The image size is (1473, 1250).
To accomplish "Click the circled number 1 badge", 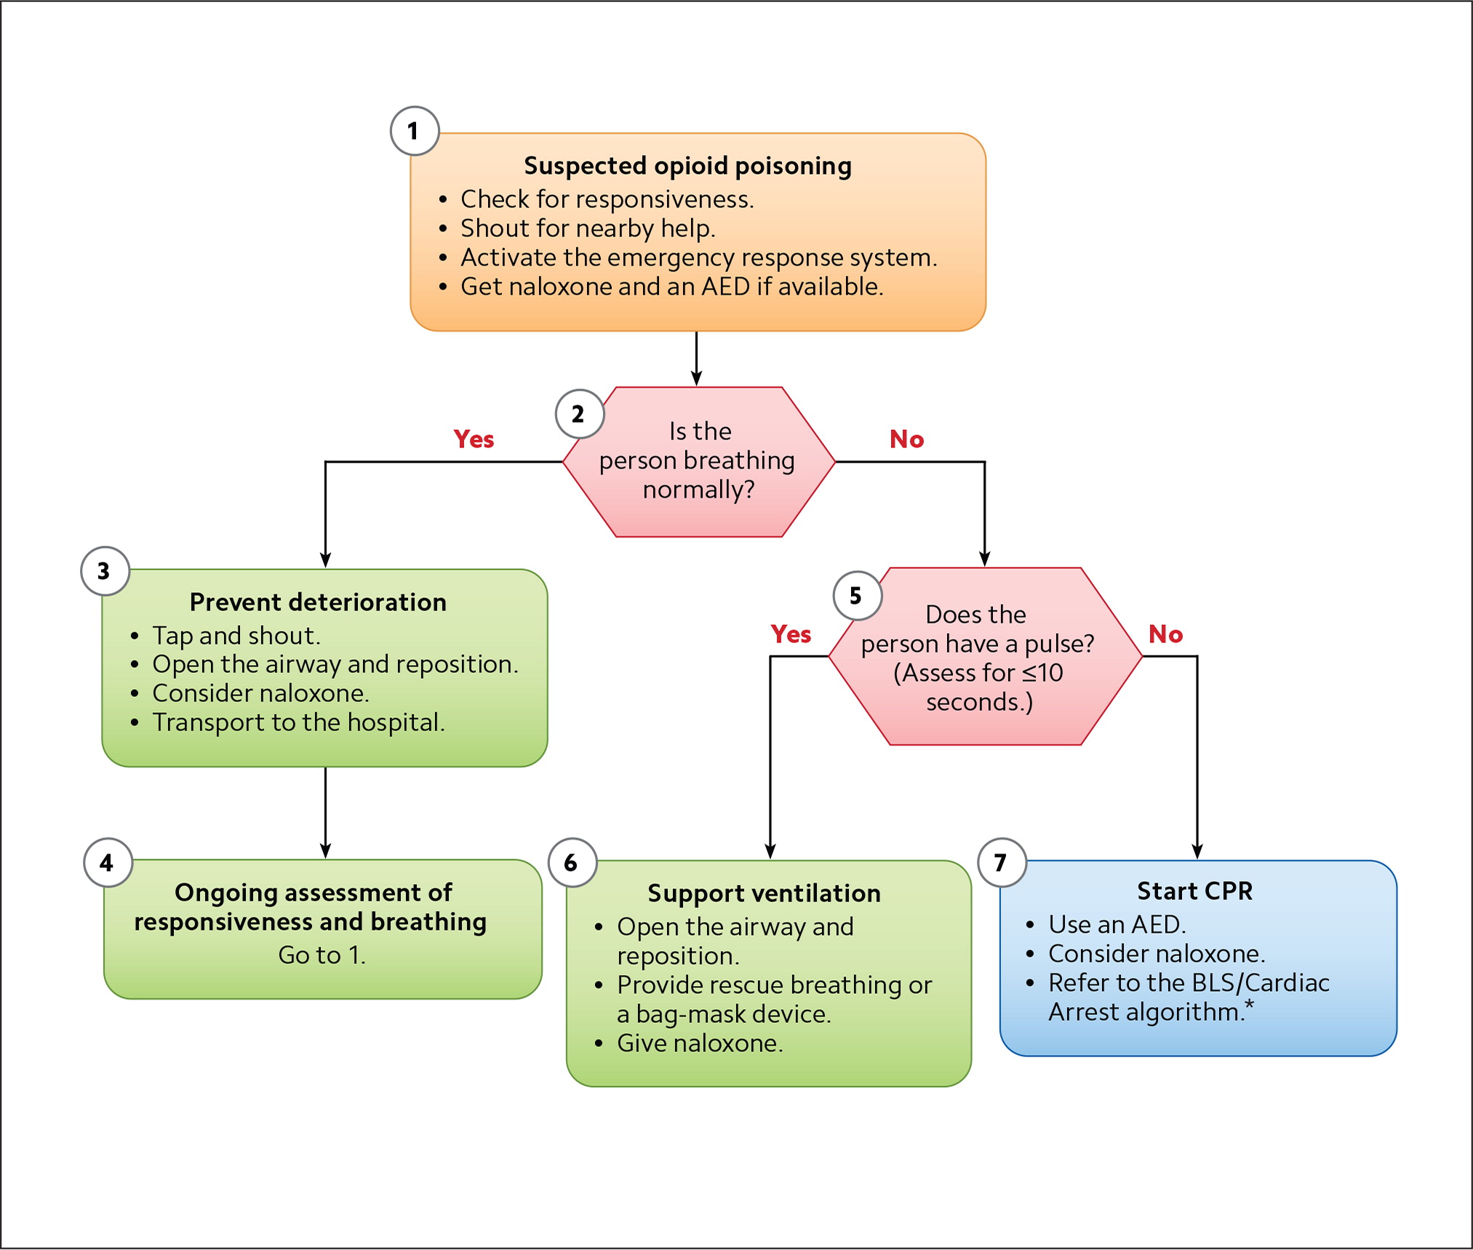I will point(415,131).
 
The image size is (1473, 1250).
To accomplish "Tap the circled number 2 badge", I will point(579,414).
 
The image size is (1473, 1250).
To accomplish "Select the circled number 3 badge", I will point(105,571).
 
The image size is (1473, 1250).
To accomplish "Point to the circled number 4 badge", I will point(108,863).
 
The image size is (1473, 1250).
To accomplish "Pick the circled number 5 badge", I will point(857,596).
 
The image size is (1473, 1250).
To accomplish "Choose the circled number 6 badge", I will point(572,863).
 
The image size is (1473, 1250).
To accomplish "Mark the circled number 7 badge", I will point(1002,863).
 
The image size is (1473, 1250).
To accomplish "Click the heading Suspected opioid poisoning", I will point(687,166).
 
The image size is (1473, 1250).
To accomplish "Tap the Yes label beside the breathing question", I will point(474,439).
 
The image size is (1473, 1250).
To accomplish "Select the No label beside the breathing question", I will point(906,439).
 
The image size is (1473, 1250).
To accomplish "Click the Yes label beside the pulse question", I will point(791,634).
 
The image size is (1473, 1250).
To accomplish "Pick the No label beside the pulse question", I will point(1165,634).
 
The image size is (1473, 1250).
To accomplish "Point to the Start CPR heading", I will point(1194,891).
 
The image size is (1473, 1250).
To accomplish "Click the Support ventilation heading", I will point(764,893).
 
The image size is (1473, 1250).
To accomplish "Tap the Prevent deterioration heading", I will point(318,602).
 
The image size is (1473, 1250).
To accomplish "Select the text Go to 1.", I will point(322,955).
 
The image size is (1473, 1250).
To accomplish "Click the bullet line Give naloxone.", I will point(700,1043).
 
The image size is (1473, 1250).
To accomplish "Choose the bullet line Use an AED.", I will point(1117,925).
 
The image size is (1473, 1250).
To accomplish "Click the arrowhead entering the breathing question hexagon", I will point(696,378).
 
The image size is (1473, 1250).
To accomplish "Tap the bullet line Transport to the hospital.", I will point(298,722).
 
